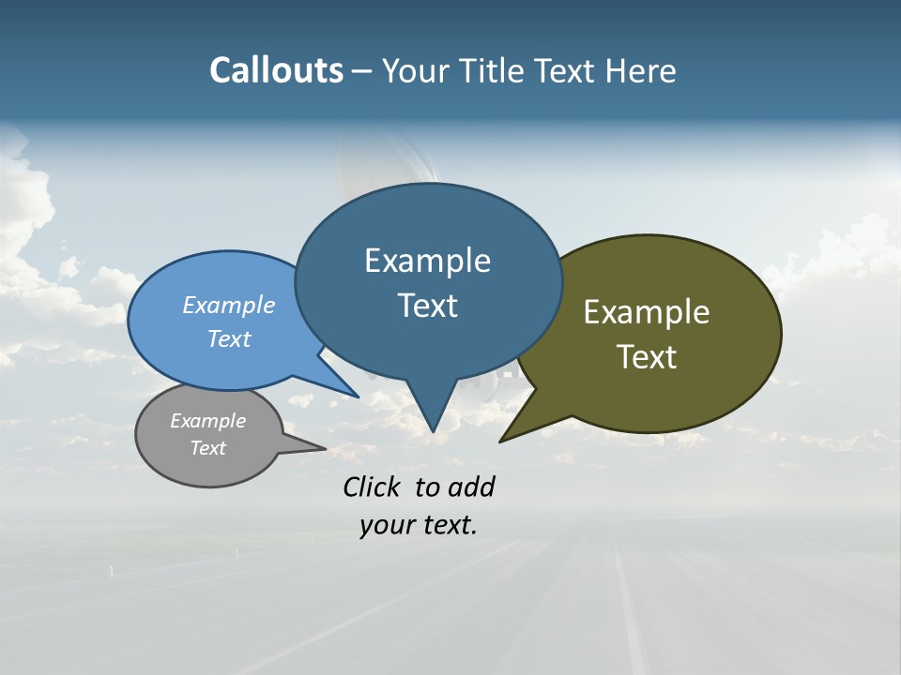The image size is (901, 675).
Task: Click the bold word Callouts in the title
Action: coord(276,70)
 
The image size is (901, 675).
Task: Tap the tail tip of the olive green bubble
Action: coord(502,440)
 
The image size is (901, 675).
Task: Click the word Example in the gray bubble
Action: coord(207,421)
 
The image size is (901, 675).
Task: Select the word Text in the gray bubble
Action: coord(207,448)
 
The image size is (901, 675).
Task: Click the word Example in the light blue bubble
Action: coord(228,306)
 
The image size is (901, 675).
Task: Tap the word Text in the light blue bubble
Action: coord(228,338)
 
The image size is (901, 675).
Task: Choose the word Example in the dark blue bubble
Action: coord(427,261)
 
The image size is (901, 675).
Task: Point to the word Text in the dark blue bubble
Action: coord(427,306)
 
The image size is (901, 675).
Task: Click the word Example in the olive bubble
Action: coord(647,312)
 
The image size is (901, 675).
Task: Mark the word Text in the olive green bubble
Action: coord(647,357)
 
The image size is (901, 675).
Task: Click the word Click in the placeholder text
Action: coord(374,487)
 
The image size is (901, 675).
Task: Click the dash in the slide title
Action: coord(362,71)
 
